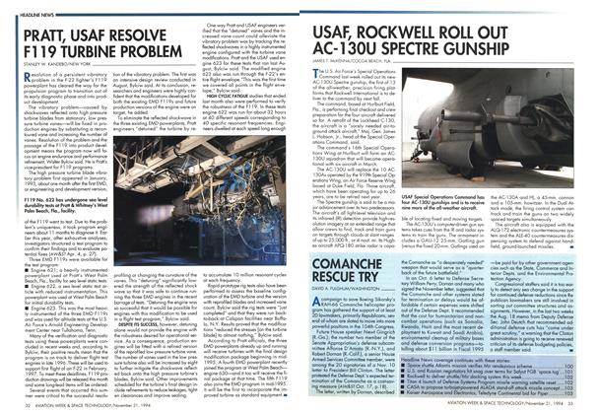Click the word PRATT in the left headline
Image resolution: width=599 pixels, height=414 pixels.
click(x=52, y=34)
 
